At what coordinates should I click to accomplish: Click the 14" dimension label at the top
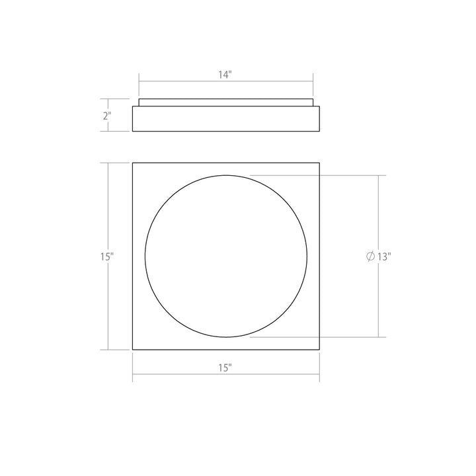pyautogui.click(x=225, y=75)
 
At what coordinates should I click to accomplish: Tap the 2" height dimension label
pyautogui.click(x=107, y=115)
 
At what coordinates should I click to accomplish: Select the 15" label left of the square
pyautogui.click(x=108, y=257)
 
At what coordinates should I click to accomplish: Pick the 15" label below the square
pyautogui.click(x=225, y=368)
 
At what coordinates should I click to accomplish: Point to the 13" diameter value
pyautogui.click(x=385, y=257)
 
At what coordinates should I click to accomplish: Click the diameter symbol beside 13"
pyautogui.click(x=370, y=257)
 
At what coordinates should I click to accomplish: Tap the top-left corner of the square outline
pyautogui.click(x=133, y=163)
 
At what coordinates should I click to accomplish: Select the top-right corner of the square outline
pyautogui.click(x=319, y=163)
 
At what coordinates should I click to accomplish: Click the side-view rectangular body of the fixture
pyautogui.click(x=225, y=118)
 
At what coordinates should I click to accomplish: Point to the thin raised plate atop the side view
pyautogui.click(x=225, y=102)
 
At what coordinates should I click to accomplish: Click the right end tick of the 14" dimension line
pyautogui.click(x=313, y=81)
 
